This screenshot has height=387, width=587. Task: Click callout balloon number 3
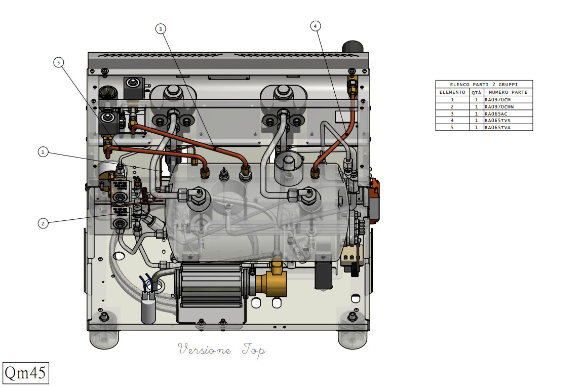pyautogui.click(x=161, y=29)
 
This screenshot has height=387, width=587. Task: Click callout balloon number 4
pyautogui.click(x=315, y=26)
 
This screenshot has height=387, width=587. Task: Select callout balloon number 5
pyautogui.click(x=58, y=62)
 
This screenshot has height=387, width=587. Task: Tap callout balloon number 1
pyautogui.click(x=43, y=152)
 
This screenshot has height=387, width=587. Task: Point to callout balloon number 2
pyautogui.click(x=43, y=223)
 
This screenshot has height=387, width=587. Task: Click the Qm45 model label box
pyautogui.click(x=26, y=373)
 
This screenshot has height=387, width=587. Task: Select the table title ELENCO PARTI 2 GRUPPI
pyautogui.click(x=484, y=85)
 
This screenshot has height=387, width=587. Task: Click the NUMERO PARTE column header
pyautogui.click(x=508, y=92)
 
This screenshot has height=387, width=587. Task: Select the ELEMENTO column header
pyautogui.click(x=452, y=92)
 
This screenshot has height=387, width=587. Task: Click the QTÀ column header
pyautogui.click(x=476, y=92)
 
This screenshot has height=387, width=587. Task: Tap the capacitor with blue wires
pyautogui.click(x=148, y=306)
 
